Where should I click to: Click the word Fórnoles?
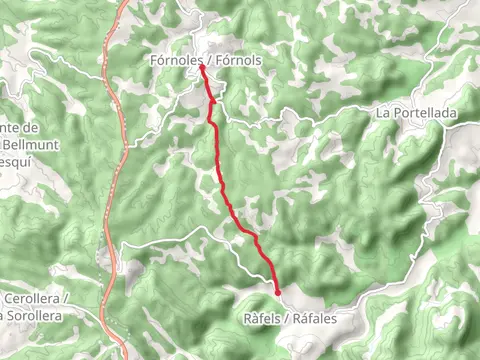coord(172,61)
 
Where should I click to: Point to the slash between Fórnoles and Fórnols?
coord(206,61)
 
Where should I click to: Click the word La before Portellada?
coord(383,114)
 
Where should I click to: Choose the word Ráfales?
coord(315,318)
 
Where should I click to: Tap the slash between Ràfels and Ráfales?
coord(287,318)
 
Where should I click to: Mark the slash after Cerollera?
coord(65,299)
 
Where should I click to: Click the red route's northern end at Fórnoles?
coord(203,68)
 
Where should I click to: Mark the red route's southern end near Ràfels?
coord(278,293)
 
